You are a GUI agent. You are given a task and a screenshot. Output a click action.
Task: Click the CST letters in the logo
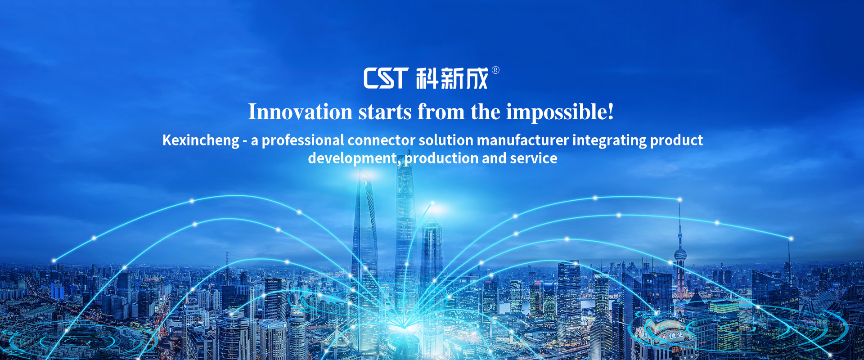[386, 78]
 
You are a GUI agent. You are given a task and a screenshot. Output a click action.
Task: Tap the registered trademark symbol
[495, 70]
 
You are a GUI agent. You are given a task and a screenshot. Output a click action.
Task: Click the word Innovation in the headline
[300, 112]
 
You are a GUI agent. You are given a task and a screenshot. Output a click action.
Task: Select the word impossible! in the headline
[560, 112]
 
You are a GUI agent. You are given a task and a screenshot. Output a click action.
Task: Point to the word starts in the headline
[385, 112]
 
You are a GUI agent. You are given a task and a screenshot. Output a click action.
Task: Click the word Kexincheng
[201, 141]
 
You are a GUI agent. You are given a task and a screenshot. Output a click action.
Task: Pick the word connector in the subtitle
[381, 140]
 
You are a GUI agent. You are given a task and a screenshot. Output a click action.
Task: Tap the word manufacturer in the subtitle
[523, 140]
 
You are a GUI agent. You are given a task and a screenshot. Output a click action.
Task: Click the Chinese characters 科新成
[452, 78]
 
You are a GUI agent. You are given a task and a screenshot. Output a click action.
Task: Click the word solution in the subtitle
[446, 140]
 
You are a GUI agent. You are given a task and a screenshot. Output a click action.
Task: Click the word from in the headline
[441, 112]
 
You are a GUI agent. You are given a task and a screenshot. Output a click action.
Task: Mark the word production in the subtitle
[441, 158]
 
